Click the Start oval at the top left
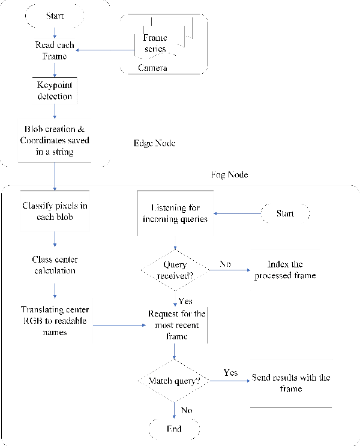tap(55, 16)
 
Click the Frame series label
tap(155, 43)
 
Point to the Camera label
tap(152, 68)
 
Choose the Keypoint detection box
tap(55, 91)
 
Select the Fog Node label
tap(229, 175)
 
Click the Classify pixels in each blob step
tap(54, 211)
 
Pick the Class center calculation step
tap(54, 265)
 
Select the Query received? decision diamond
tap(175, 270)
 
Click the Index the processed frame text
tap(284, 270)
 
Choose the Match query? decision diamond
tap(175, 381)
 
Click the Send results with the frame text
tap(291, 383)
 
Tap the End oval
tap(174, 429)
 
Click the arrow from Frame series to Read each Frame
tap(105, 50)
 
